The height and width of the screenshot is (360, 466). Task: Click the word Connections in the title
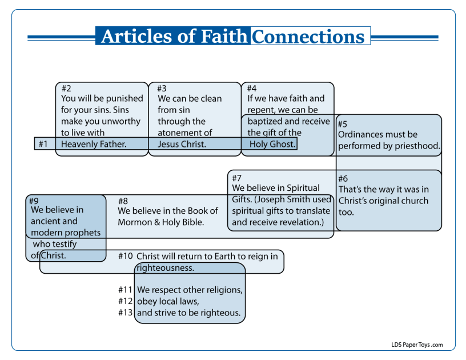(x=308, y=36)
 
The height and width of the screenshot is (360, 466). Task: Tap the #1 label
(x=43, y=144)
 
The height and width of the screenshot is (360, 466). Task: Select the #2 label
(x=66, y=88)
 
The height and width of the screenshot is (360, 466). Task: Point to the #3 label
(x=162, y=88)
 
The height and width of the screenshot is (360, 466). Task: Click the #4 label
(x=252, y=88)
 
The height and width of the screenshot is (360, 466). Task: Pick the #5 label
(x=342, y=124)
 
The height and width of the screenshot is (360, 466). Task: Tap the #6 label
(x=343, y=178)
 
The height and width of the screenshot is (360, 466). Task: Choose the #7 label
(x=237, y=178)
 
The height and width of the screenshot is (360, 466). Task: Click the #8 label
(x=123, y=201)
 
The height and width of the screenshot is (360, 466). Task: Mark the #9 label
(x=34, y=201)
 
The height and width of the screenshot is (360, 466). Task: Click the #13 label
(x=126, y=313)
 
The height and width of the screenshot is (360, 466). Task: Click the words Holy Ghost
(x=273, y=144)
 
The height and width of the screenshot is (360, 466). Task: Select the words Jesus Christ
(x=182, y=144)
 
